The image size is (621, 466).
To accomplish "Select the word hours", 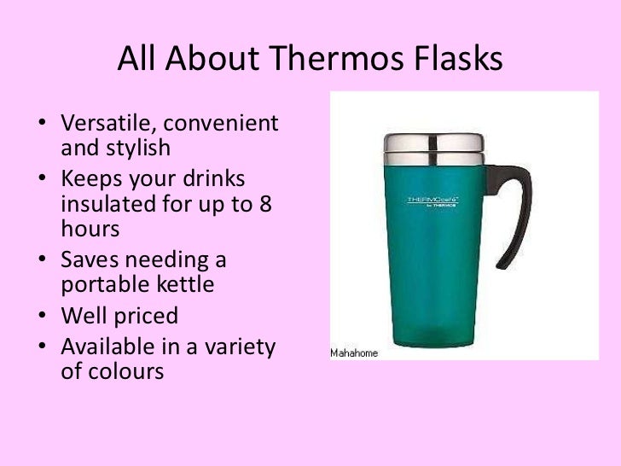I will (x=90, y=229).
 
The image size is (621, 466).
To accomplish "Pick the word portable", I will (x=101, y=284).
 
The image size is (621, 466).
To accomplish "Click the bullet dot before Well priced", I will (x=43, y=317).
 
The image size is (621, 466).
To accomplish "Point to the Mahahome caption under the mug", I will (x=354, y=351).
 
